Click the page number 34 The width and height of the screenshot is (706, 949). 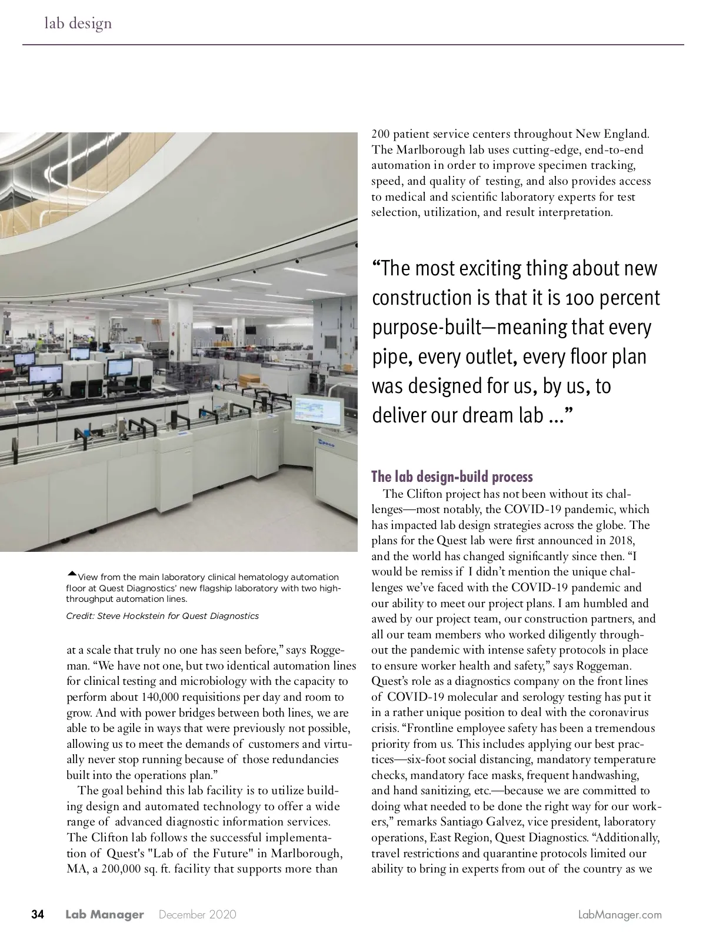click(x=38, y=914)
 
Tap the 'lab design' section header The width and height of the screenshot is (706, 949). click(x=78, y=24)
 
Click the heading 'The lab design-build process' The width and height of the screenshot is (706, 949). click(x=452, y=477)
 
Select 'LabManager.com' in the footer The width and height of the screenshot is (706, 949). click(x=620, y=915)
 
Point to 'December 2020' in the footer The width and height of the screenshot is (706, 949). click(x=198, y=915)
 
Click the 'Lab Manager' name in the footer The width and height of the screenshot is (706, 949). click(x=104, y=915)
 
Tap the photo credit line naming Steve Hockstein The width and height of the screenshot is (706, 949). click(x=162, y=616)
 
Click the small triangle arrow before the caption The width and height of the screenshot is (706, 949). click(x=72, y=574)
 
